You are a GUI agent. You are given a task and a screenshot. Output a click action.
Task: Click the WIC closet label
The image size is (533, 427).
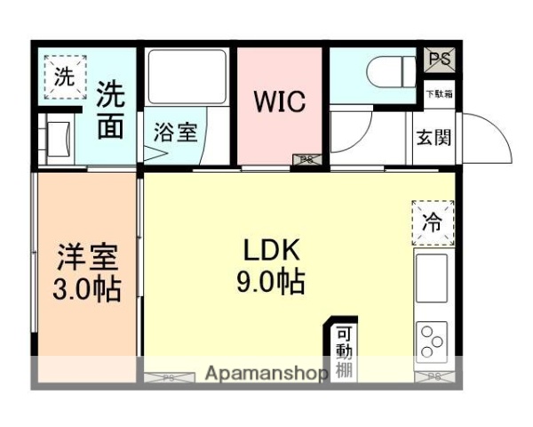281,101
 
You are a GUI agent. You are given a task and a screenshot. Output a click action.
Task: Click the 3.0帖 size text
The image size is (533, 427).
87,290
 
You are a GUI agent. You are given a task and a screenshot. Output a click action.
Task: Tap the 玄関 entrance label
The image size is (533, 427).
434,139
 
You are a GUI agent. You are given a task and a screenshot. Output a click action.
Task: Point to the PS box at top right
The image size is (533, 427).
438,59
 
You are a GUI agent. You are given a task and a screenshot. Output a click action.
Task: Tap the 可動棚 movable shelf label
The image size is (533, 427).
344,352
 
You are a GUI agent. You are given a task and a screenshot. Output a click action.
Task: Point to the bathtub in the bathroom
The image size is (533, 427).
187,79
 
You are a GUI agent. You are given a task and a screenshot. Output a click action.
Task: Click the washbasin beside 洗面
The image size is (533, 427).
61,139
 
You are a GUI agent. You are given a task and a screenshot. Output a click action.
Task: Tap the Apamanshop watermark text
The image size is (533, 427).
266,374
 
